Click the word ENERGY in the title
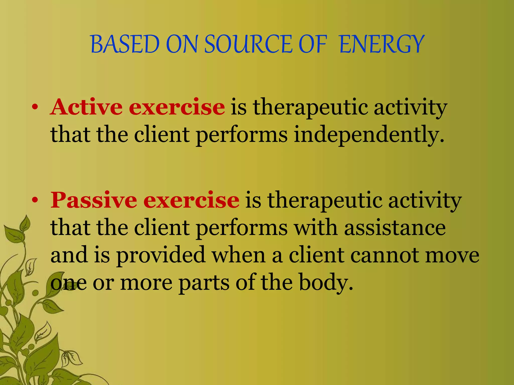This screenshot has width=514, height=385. (381, 44)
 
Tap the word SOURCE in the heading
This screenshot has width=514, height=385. (248, 44)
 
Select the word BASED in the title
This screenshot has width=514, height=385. (125, 44)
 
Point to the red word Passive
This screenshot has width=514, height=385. (94, 200)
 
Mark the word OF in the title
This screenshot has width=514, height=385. (313, 44)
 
